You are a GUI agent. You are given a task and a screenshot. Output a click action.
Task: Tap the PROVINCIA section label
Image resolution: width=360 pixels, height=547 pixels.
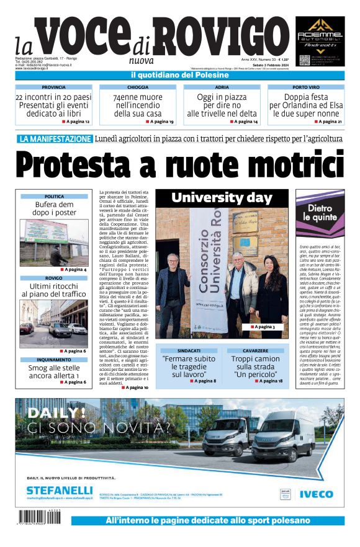click(53, 87)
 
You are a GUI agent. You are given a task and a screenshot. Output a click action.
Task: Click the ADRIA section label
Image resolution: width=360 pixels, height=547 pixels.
click(222, 87)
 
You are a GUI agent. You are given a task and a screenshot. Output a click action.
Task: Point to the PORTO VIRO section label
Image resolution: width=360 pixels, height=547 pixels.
click(306, 87)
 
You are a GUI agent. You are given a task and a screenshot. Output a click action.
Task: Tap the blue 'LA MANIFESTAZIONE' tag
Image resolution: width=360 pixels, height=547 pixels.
click(55, 139)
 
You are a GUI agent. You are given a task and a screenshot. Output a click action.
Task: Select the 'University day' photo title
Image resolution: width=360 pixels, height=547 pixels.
click(222, 198)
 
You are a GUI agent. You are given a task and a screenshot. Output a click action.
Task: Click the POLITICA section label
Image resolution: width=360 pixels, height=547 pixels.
click(54, 197)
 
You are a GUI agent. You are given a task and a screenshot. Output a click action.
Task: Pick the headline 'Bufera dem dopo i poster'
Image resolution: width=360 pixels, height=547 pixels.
click(54, 208)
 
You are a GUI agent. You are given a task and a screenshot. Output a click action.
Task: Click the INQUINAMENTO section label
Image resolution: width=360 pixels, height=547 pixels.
click(54, 360)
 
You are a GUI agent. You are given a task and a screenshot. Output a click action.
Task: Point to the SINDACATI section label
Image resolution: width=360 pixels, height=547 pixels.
click(189, 350)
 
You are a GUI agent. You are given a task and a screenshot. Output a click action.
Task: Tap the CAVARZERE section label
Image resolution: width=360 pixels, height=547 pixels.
click(256, 350)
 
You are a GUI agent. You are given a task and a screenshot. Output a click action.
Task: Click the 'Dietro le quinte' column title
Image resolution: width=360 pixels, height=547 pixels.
click(320, 213)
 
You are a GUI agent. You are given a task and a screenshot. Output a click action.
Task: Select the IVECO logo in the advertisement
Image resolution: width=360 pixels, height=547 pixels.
click(316, 494)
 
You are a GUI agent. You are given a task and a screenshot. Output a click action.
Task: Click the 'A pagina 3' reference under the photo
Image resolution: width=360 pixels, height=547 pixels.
click(264, 327)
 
